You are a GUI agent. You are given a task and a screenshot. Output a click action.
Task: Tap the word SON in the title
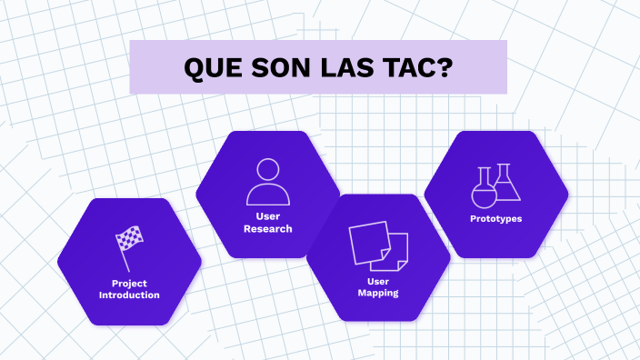click(279, 67)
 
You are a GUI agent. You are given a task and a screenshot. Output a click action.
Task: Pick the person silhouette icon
click(268, 182)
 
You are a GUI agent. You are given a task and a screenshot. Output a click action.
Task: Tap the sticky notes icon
click(378, 245)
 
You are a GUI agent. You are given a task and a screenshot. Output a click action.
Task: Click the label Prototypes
click(495, 218)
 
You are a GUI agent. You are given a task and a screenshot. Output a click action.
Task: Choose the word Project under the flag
click(129, 284)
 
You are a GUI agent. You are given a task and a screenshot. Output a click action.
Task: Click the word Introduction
click(129, 295)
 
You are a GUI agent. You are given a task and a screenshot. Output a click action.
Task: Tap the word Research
click(268, 229)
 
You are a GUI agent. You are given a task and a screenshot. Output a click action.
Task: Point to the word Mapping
click(378, 294)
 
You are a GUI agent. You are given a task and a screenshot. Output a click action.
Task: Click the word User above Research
click(268, 216)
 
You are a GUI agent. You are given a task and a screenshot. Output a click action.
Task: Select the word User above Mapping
click(378, 282)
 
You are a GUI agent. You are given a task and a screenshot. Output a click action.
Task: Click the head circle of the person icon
click(268, 170)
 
